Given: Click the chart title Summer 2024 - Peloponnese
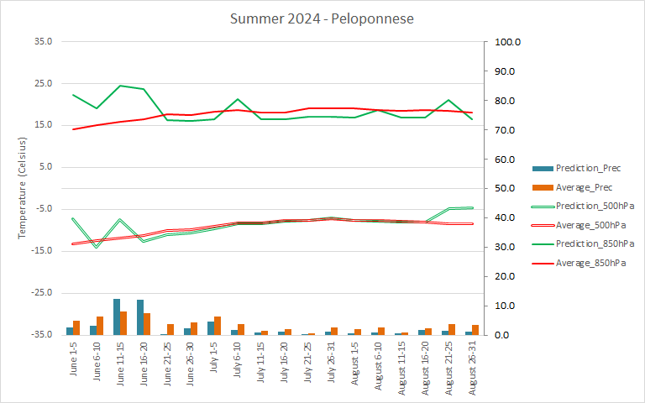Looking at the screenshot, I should (x=322, y=18).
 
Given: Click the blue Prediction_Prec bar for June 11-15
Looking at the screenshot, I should (x=117, y=317).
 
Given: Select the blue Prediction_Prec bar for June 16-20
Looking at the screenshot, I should (x=140, y=317).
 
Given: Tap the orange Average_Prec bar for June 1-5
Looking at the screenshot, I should (x=76, y=327).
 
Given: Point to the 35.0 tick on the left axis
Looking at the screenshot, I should (x=41, y=41).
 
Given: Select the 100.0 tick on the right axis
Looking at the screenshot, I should (x=510, y=42).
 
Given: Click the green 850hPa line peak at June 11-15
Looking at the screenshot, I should (x=120, y=86).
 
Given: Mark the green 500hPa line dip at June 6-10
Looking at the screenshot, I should (x=97, y=247).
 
